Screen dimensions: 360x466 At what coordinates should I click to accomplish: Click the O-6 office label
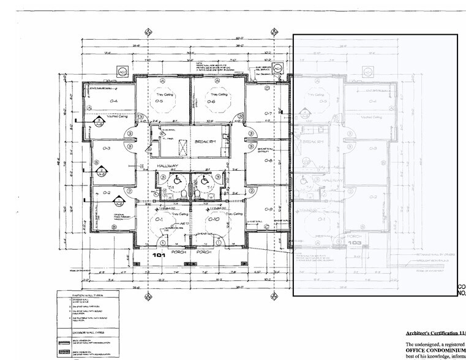pos(211,102)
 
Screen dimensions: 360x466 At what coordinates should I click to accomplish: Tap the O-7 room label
pos(268,114)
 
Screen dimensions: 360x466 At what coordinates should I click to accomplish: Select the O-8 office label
pos(268,161)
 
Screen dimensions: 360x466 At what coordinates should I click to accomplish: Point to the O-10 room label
pos(214,219)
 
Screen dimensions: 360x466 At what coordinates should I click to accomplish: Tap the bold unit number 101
pos(160,254)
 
